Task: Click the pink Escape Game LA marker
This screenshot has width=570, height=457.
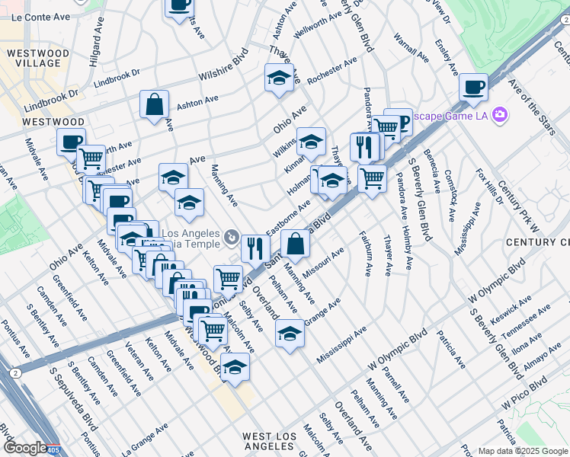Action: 500,114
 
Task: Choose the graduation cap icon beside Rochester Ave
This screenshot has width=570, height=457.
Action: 279,77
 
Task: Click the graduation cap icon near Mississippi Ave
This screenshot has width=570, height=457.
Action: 289,333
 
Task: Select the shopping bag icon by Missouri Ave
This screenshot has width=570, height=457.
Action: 295,244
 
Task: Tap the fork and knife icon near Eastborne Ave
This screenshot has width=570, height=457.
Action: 255,248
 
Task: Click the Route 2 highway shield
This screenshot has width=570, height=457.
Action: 15,373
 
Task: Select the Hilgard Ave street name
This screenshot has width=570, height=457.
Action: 96,49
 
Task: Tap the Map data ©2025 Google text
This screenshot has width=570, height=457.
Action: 523,451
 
